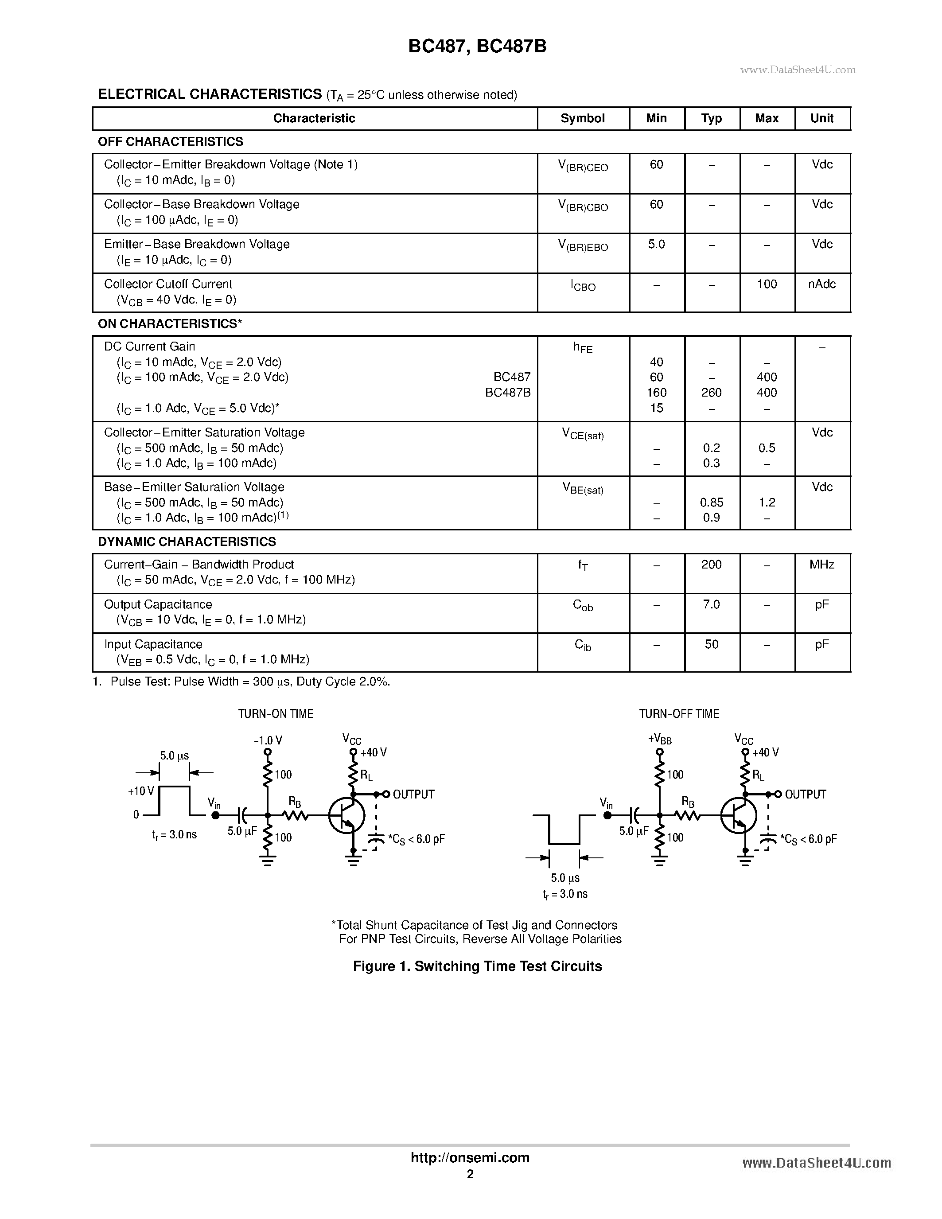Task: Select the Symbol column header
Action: coord(583,118)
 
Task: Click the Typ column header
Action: coord(712,118)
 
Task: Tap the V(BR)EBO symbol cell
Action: coord(583,246)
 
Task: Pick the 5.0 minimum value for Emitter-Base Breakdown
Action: coord(656,245)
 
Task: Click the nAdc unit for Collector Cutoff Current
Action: coord(822,284)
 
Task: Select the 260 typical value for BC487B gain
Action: coord(712,393)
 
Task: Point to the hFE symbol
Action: coord(583,348)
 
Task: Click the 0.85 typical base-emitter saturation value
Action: coord(712,502)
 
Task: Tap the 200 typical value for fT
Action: coord(712,564)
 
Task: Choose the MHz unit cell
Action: coord(822,564)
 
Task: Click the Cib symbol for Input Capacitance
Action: coord(583,645)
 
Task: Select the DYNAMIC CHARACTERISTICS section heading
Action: coord(187,542)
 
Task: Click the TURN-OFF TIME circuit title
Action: coord(679,714)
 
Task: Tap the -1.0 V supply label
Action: coord(268,741)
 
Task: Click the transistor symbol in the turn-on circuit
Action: coord(346,815)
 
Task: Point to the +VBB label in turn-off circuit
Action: coord(660,740)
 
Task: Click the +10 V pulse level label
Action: coord(140,791)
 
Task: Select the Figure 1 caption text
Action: coord(477,966)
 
